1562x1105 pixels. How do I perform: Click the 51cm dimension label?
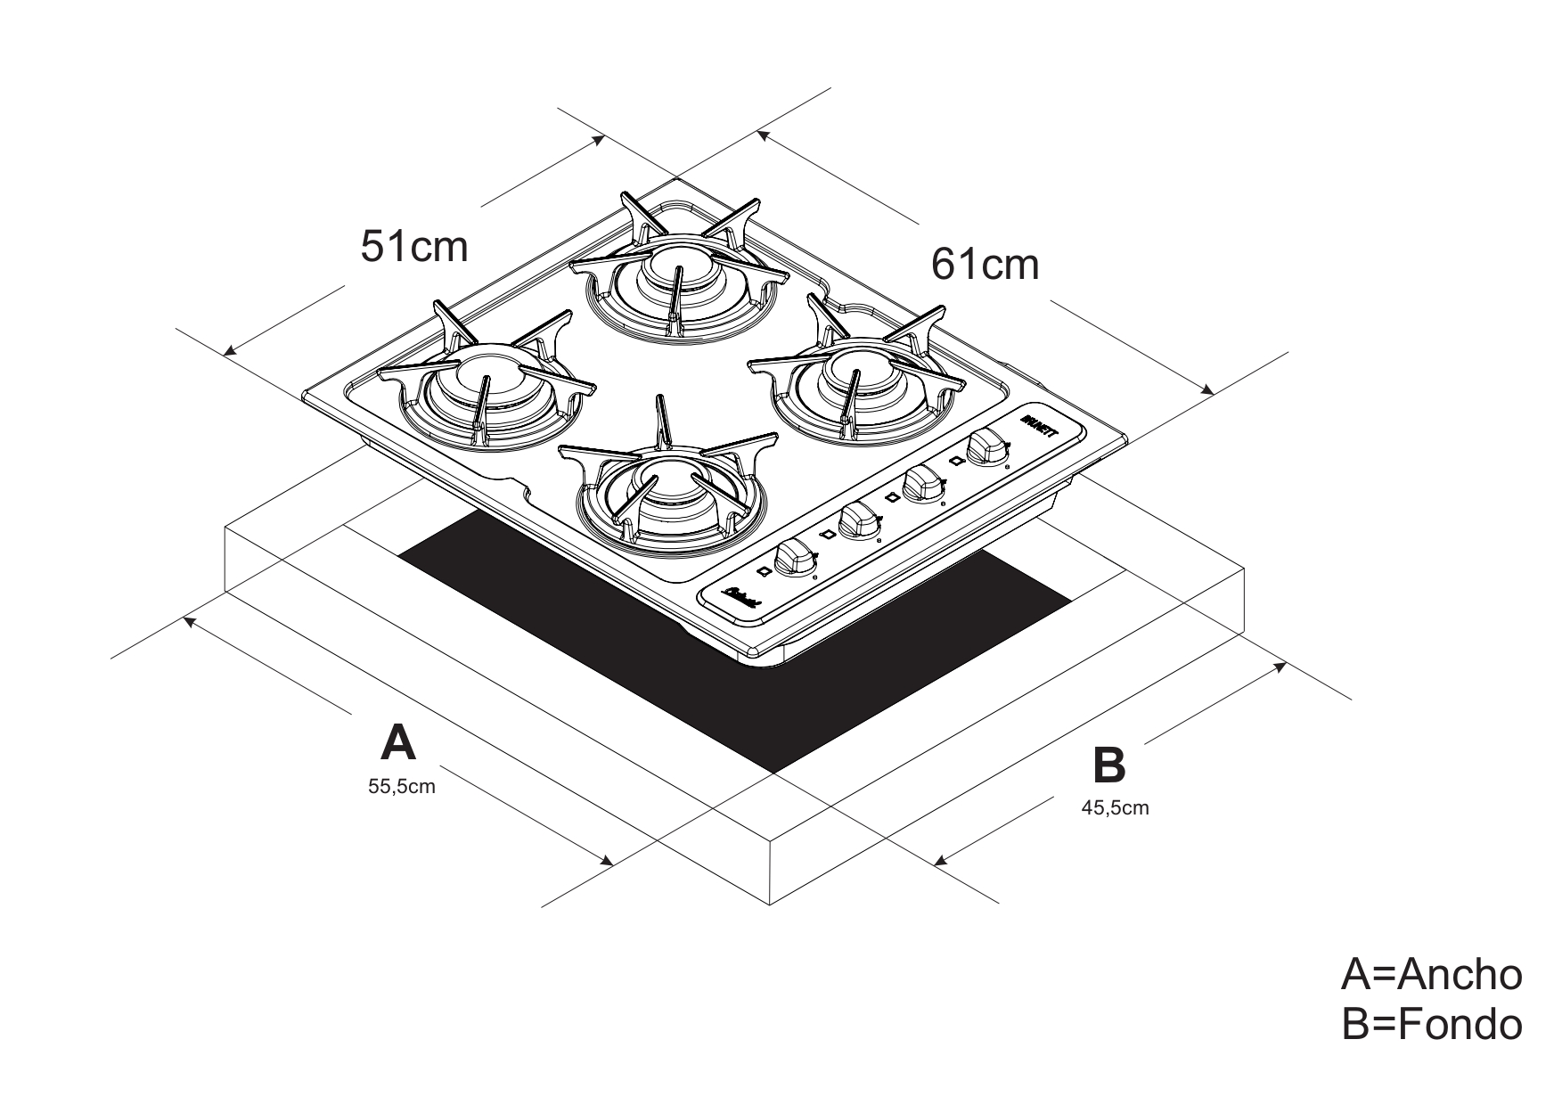coord(413,247)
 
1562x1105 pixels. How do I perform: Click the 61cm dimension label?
coord(985,264)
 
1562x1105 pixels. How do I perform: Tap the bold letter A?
coord(397,742)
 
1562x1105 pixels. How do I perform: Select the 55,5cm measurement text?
coord(402,787)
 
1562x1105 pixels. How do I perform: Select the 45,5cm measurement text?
coord(1115,808)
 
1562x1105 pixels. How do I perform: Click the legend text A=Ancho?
coord(1431,975)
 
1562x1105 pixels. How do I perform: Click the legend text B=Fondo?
coord(1431,1025)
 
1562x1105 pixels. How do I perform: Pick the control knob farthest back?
coord(985,445)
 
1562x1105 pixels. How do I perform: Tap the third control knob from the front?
coord(921,483)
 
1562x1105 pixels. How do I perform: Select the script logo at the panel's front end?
coord(741,597)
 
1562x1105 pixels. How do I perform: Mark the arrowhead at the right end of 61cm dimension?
coord(1209,389)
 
